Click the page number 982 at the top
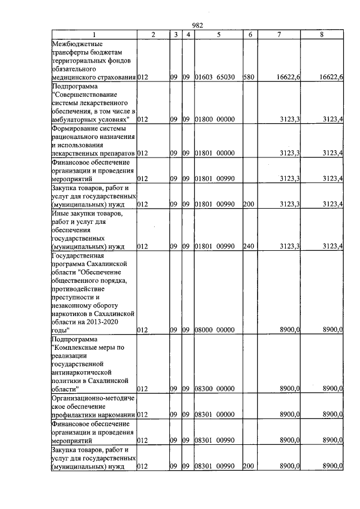[x=197, y=25]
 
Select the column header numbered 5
[x=217, y=35]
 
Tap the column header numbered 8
[x=321, y=35]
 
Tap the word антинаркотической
[x=83, y=372]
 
